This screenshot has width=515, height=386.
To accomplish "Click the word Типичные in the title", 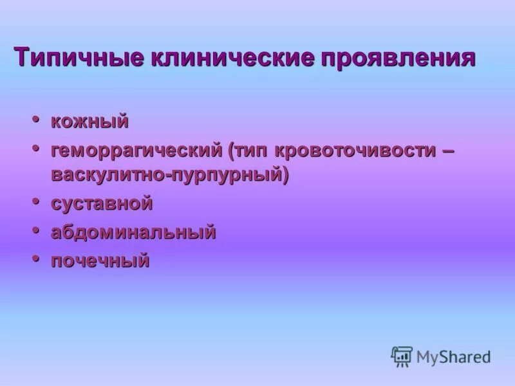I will (78, 57).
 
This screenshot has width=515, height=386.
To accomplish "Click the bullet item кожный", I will (90, 122).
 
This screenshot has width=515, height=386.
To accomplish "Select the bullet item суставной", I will (102, 204).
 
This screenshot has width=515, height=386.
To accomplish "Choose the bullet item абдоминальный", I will (133, 232).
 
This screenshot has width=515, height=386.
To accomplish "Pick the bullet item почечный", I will (100, 261).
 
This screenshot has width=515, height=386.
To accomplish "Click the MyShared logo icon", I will (402, 356).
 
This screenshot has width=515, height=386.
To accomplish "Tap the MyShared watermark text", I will (454, 356).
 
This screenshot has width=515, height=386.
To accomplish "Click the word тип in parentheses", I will (252, 151).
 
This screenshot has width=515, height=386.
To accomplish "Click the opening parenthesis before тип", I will (230, 152).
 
